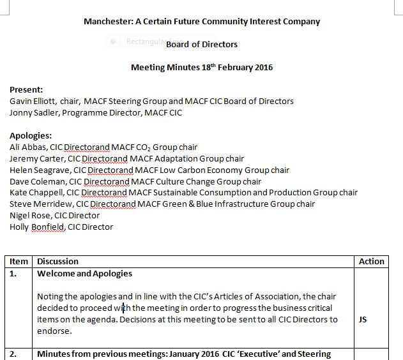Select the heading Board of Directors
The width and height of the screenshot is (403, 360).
pyautogui.click(x=202, y=44)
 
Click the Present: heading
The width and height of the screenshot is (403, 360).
pyautogui.click(x=26, y=90)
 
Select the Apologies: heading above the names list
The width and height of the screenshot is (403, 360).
pyautogui.click(x=31, y=135)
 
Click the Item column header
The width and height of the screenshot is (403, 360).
pyautogui.click(x=19, y=261)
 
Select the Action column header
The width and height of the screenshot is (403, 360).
pyautogui.click(x=372, y=261)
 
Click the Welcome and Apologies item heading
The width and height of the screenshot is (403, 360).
pyautogui.click(x=85, y=273)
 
